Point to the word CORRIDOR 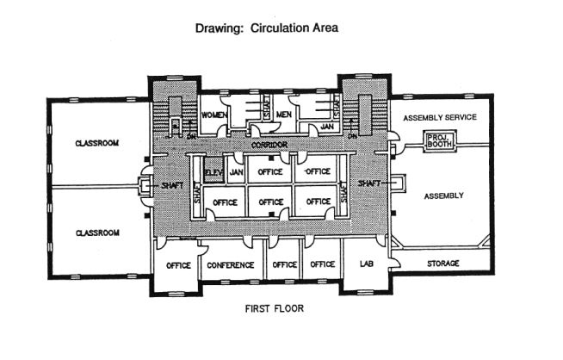[269, 145]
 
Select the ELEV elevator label [213, 171]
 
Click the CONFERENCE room [230, 265]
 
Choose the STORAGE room [442, 263]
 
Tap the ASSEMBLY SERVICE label [439, 117]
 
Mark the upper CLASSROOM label [96, 143]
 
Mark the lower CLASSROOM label [96, 233]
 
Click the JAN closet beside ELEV [236, 171]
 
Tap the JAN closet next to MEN [327, 127]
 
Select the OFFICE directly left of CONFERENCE [178, 265]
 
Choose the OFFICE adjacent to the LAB [323, 265]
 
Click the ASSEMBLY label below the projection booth [443, 196]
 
